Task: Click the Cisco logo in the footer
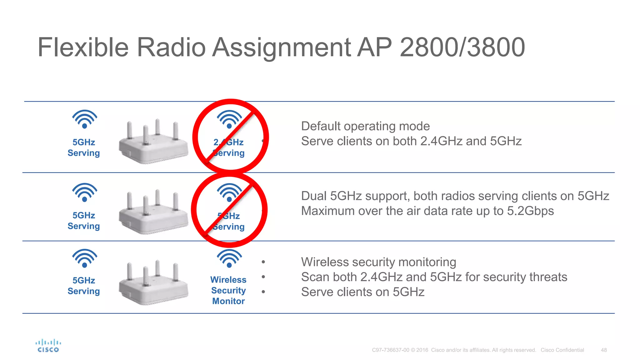pyautogui.click(x=48, y=346)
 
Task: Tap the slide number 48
pyautogui.click(x=604, y=350)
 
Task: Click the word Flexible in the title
pyautogui.click(x=83, y=47)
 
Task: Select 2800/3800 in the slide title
pyautogui.click(x=462, y=47)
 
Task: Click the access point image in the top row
pyautogui.click(x=153, y=142)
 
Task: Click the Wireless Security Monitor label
pyautogui.click(x=228, y=290)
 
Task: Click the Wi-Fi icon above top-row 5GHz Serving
pyautogui.click(x=85, y=119)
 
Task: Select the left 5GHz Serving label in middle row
pyautogui.click(x=84, y=221)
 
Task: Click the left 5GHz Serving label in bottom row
pyautogui.click(x=84, y=286)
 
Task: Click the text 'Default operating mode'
pyautogui.click(x=365, y=126)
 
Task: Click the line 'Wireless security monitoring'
pyautogui.click(x=378, y=262)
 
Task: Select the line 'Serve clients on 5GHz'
pyautogui.click(x=362, y=292)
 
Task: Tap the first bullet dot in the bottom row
pyautogui.click(x=263, y=262)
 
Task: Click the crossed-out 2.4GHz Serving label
pyautogui.click(x=229, y=147)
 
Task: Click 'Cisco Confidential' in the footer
pyautogui.click(x=562, y=350)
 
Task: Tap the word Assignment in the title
pyautogui.click(x=282, y=47)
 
